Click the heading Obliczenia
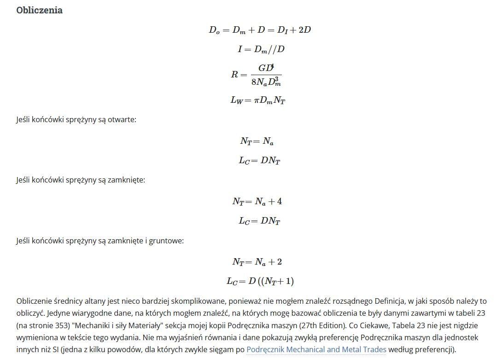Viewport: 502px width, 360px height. tap(39, 10)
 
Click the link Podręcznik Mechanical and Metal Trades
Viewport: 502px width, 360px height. tap(316, 349)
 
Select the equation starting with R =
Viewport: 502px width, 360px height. tap(256, 74)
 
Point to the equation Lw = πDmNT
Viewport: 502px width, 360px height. tap(258, 100)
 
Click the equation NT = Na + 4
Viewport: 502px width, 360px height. tap(257, 201)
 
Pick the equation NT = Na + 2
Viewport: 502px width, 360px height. tap(257, 262)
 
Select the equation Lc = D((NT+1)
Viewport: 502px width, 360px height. tap(260, 281)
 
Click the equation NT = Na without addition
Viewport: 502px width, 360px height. tap(257, 141)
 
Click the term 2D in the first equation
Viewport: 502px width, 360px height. tap(305, 30)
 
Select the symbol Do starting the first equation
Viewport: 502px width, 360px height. tap(214, 30)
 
